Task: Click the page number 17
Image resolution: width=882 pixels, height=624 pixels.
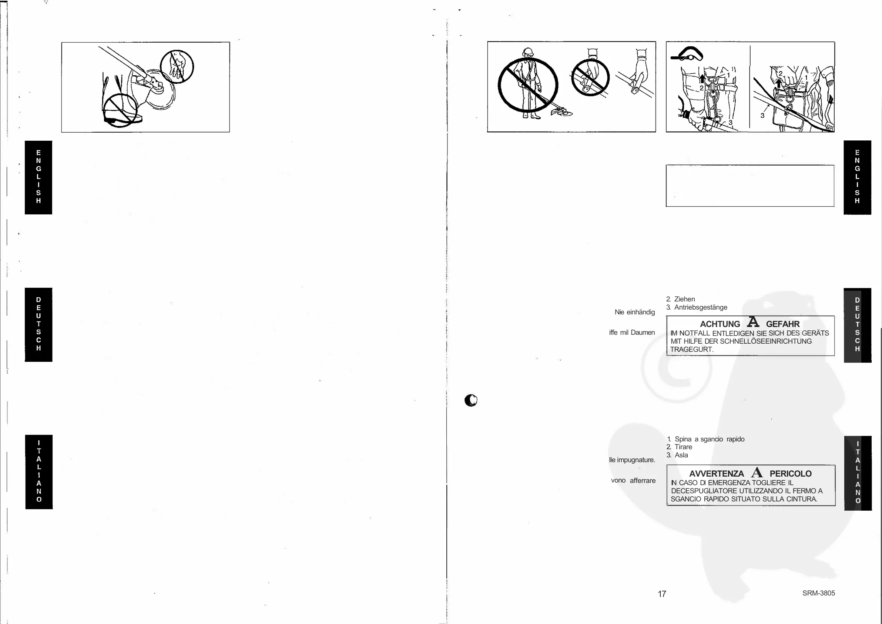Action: (x=661, y=594)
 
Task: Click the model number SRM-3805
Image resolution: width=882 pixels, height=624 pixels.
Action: (x=818, y=593)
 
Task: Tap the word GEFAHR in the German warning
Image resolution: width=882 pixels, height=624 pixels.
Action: (x=782, y=324)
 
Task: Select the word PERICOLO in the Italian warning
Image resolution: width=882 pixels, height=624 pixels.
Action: (x=790, y=474)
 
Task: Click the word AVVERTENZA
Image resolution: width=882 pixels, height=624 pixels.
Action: (x=717, y=474)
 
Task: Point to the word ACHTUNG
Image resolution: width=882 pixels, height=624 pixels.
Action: (x=720, y=324)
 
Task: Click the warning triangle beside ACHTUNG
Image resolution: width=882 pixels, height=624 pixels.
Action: (x=753, y=322)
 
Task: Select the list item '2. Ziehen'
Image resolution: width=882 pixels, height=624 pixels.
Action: (x=680, y=299)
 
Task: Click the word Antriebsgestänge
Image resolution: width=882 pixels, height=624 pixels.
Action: (x=701, y=307)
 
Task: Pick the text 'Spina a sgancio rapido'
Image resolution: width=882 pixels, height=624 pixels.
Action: (x=709, y=439)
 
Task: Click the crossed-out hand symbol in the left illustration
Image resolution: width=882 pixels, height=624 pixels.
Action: (x=177, y=67)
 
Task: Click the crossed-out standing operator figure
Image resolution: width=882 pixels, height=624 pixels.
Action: (x=528, y=85)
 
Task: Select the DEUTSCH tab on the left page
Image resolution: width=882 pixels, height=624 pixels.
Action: (x=38, y=324)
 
